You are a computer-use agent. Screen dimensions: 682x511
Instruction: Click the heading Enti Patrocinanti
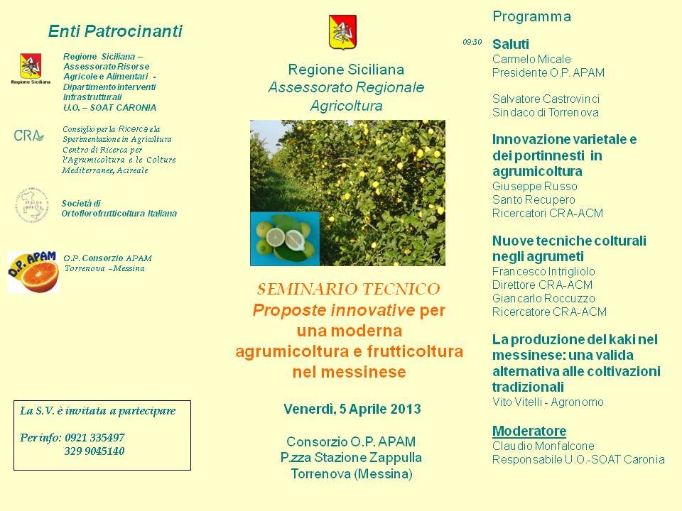point(115,31)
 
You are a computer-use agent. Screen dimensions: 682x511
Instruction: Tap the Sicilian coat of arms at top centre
point(342,32)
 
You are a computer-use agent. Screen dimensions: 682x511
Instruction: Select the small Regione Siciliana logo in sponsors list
point(31,69)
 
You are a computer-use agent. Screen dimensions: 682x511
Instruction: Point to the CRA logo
point(28,136)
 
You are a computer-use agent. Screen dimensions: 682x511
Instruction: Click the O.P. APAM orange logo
point(33,272)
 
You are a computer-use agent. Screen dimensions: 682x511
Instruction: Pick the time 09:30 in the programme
point(472,42)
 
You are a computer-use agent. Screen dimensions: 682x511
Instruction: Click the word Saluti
point(511,44)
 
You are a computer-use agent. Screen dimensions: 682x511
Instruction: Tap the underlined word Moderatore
point(529,431)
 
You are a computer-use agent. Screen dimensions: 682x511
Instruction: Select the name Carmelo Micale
point(531,59)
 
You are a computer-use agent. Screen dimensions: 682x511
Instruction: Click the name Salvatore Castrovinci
point(546,99)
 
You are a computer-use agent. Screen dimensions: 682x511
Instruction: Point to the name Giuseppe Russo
point(534,187)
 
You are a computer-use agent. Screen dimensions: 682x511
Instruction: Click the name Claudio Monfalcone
point(543,446)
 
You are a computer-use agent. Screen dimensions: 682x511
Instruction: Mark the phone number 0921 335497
point(94,438)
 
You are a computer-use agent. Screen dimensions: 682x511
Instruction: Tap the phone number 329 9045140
point(94,451)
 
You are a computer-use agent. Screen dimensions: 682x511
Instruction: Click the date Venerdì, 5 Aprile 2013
point(352,409)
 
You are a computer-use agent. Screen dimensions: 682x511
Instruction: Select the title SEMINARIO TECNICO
point(348,289)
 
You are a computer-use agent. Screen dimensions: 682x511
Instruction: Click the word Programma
point(531,17)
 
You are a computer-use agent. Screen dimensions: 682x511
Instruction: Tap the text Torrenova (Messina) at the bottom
point(352,473)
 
